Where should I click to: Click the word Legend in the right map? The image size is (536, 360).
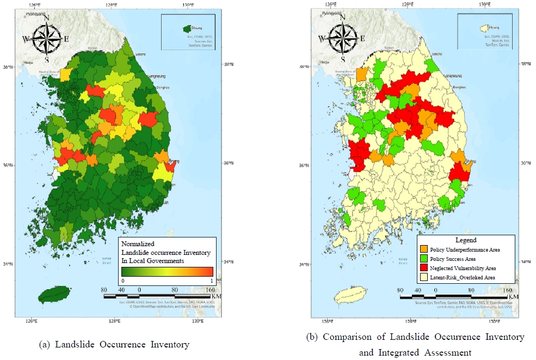[x=465, y=240]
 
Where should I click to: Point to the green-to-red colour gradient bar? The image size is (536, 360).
[x=167, y=271]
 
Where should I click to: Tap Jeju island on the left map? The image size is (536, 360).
[x=54, y=295]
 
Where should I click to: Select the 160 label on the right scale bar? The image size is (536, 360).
[x=507, y=290]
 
